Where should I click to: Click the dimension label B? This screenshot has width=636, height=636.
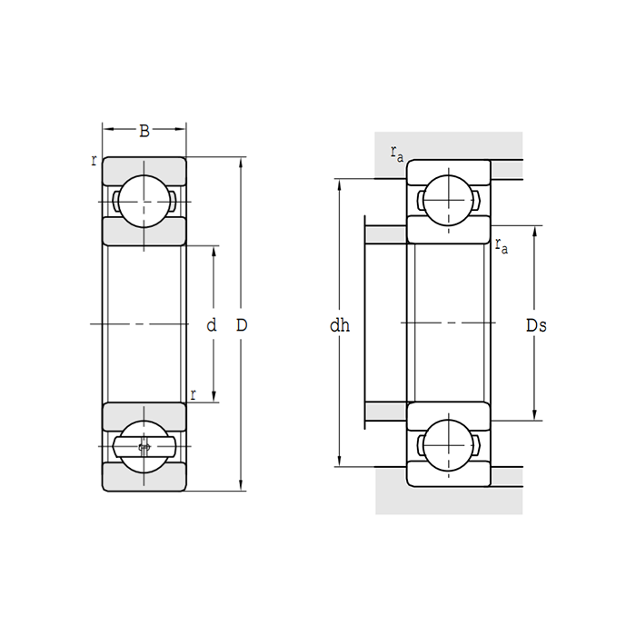[x=144, y=131]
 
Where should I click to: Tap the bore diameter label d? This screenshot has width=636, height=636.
[x=212, y=325]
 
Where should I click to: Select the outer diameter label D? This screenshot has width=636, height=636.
[x=242, y=325]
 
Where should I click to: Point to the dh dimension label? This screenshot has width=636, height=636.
[x=340, y=325]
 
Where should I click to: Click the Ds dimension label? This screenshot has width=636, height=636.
[x=536, y=325]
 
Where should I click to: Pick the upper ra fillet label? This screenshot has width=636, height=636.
[x=397, y=154]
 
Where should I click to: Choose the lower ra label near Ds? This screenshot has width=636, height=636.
[x=502, y=245]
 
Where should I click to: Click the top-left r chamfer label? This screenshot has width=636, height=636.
[x=94, y=161]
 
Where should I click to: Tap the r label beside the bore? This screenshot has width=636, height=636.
[x=193, y=394]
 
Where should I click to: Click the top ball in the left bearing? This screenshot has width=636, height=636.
[x=144, y=201]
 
